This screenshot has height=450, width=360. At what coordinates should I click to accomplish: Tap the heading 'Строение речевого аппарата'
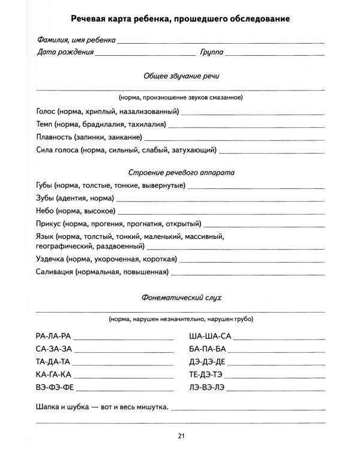pos(181,172)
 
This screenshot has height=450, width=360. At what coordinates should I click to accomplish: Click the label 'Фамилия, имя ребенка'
pos(75,40)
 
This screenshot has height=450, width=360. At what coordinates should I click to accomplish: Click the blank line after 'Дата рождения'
pos(145,53)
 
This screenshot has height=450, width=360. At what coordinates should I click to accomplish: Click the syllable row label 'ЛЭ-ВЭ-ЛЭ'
pos(207,387)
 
